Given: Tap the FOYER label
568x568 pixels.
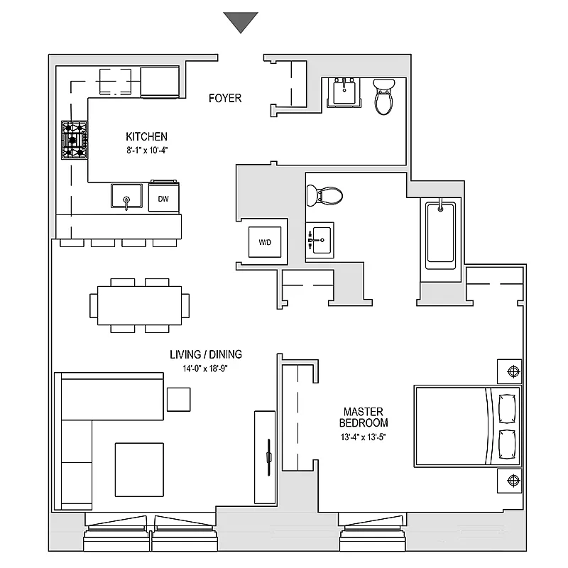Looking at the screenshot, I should point(225,98).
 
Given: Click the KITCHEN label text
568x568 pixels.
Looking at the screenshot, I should point(146,136).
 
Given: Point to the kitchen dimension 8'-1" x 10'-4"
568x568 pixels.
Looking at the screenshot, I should point(146,150).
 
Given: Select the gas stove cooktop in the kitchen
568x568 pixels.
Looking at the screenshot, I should point(74,140).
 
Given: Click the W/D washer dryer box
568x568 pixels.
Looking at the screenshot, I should point(265,242).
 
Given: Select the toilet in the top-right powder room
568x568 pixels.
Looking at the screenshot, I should point(384,97).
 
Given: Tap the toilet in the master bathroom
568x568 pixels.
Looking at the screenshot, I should point(324,195).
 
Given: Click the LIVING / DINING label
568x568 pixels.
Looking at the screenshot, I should point(205,354).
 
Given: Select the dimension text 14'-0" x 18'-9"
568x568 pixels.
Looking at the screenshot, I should point(205,368).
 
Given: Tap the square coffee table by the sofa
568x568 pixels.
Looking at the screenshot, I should point(138,470).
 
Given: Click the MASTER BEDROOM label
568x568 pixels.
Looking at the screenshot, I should point(364,417).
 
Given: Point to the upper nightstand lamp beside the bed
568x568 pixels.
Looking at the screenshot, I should point(513,371).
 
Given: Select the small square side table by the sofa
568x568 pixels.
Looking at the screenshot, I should point(178,399).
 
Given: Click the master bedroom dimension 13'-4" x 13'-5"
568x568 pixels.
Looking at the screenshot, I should point(364,437).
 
